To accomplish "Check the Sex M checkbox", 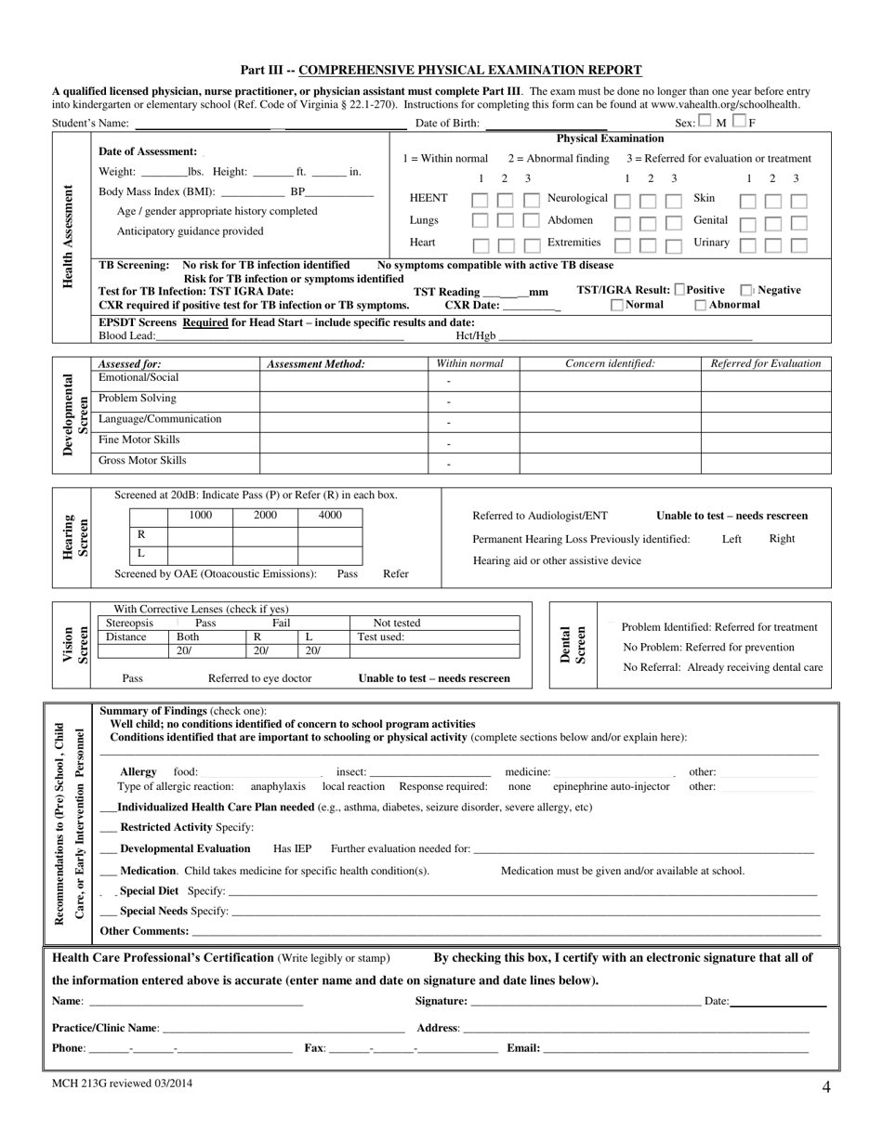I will (x=705, y=121).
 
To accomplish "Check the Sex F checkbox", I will (x=739, y=121).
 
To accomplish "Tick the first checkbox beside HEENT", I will (x=480, y=200).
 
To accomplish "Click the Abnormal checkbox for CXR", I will (x=701, y=305).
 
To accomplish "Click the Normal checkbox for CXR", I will (x=617, y=305).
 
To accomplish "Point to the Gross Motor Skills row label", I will (x=142, y=461).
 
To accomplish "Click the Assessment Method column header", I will (x=316, y=364).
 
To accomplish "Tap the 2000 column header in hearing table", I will (x=265, y=516).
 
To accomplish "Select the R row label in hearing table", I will (x=141, y=535).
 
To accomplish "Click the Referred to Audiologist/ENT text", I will (x=540, y=516).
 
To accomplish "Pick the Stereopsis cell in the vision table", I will (x=130, y=624).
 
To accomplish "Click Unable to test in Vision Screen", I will (x=434, y=678).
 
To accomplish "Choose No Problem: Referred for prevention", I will (x=708, y=648).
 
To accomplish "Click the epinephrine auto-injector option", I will (x=611, y=787).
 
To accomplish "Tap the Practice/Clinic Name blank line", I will (x=283, y=1029).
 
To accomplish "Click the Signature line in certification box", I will (x=586, y=1002).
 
